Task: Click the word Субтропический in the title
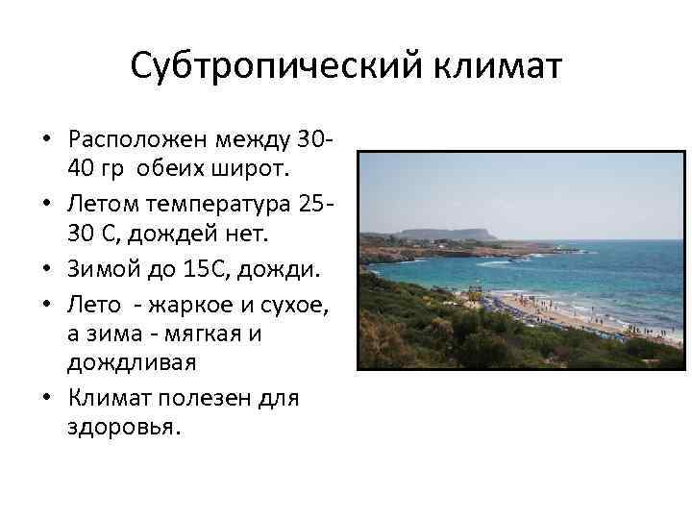pyautogui.click(x=260, y=69)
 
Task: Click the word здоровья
pyautogui.click(x=124, y=427)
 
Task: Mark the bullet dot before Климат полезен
pyautogui.click(x=45, y=397)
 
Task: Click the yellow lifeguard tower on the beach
pyautogui.click(x=474, y=293)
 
